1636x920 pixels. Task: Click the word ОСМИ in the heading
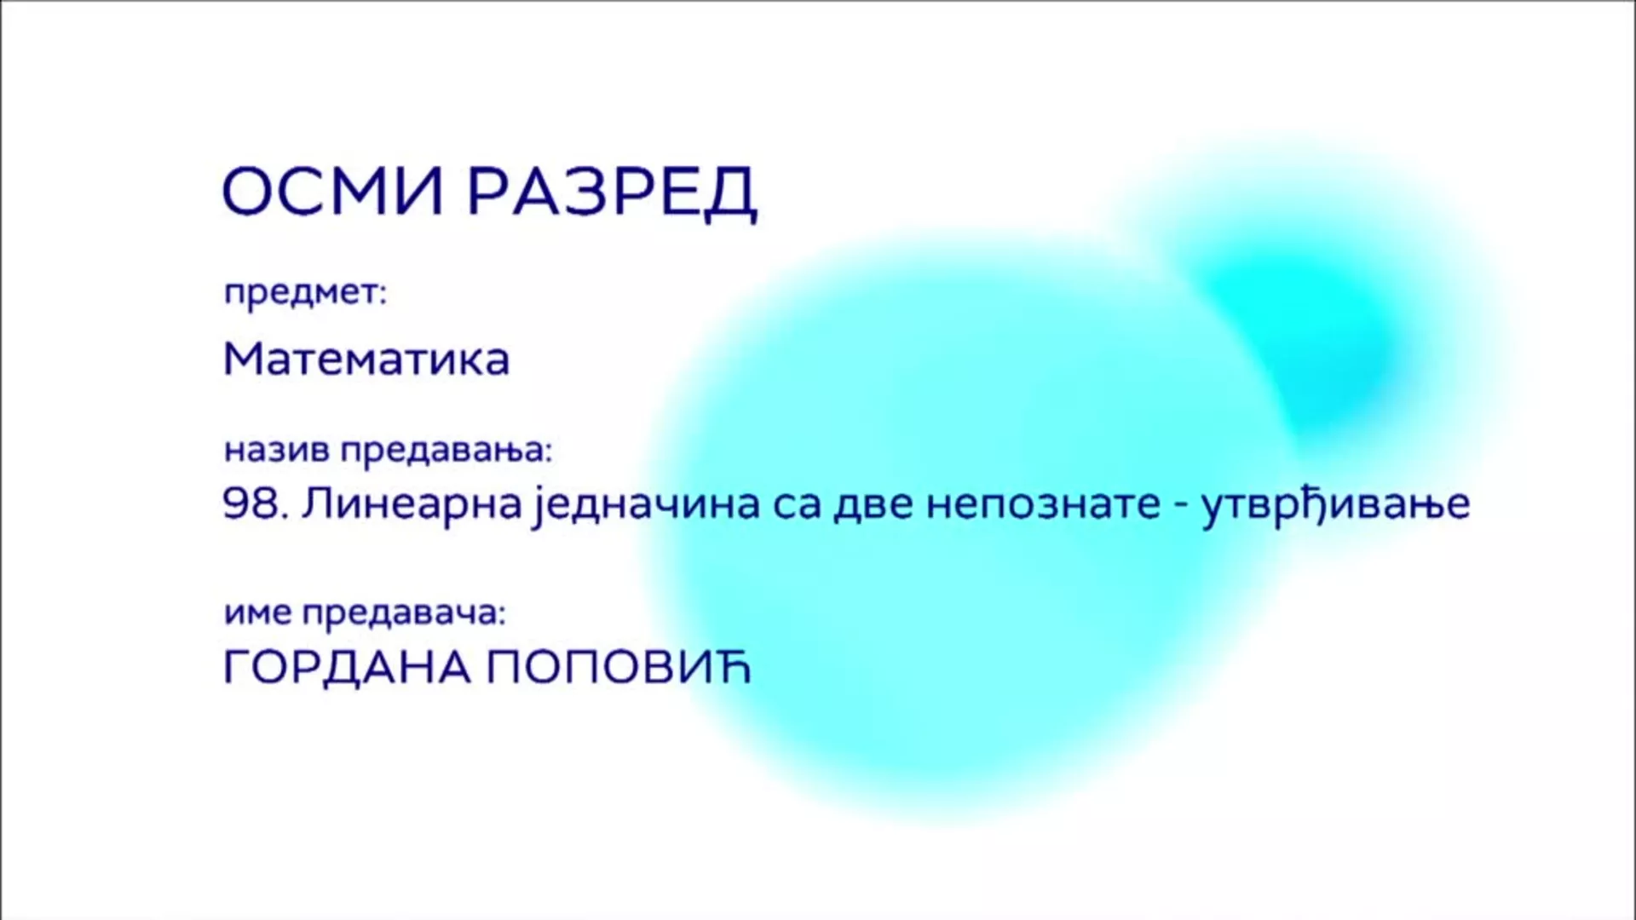[333, 191]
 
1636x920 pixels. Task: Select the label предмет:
[305, 294]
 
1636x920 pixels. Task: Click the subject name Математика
[366, 359]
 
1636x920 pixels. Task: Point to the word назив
[276, 451]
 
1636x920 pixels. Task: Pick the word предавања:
[447, 451]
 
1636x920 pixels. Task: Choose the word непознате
[1043, 506]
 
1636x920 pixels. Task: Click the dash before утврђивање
[1180, 508]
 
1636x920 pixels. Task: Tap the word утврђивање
[1335, 506]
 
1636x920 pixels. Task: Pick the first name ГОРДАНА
[347, 670]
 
